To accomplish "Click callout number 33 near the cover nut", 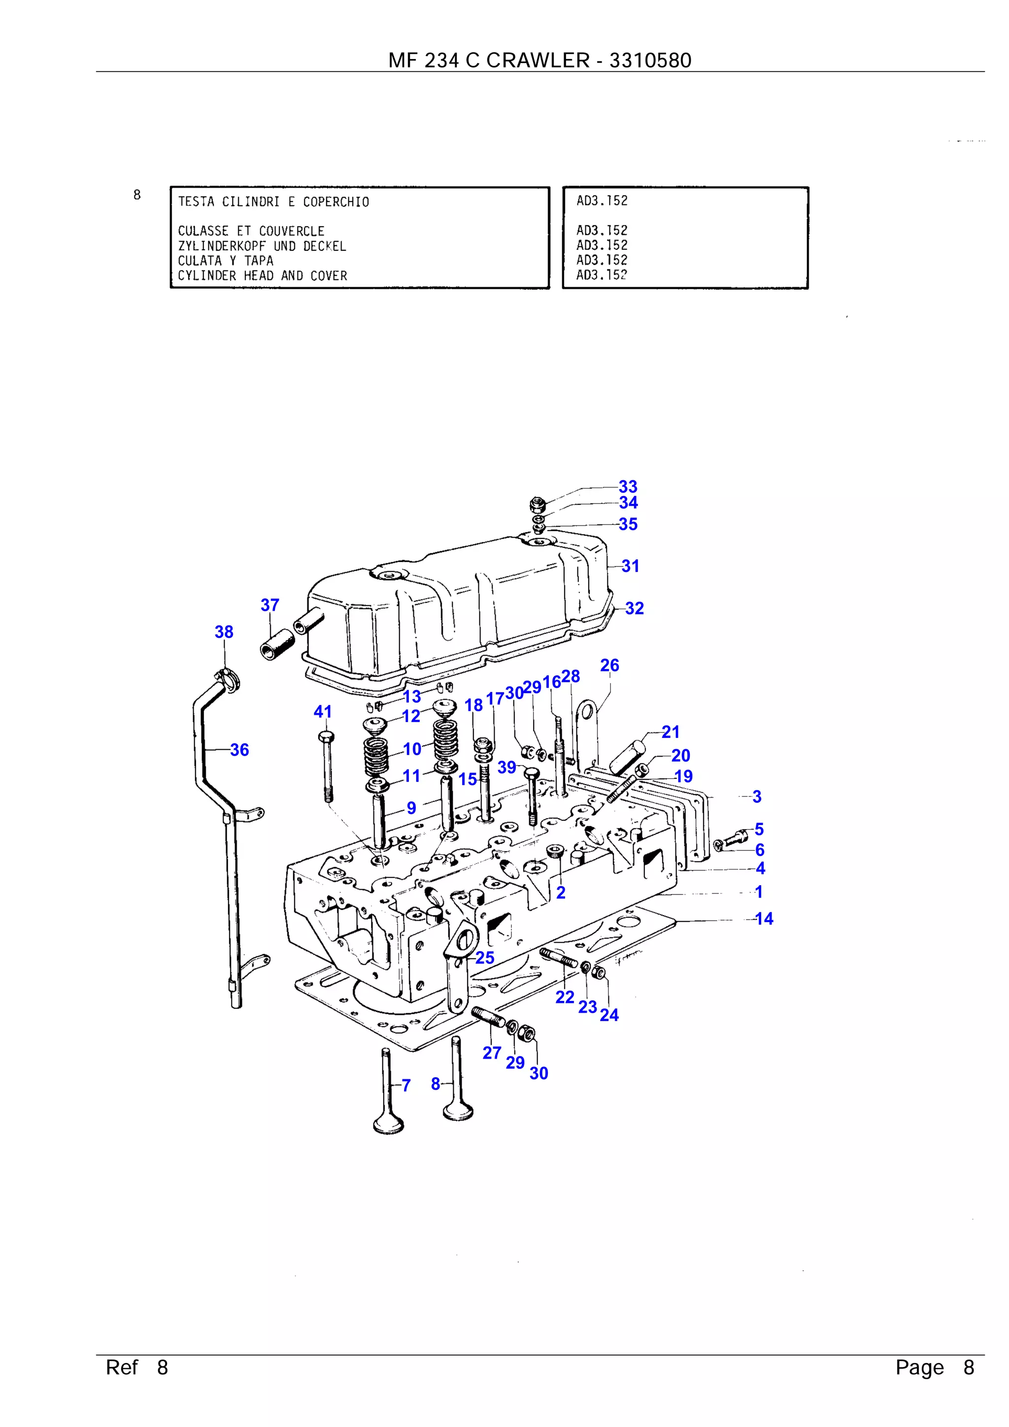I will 627,487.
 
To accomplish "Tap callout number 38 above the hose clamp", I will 224,632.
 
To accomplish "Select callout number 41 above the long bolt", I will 322,712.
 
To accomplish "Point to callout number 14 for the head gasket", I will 764,919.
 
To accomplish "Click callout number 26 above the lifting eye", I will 609,665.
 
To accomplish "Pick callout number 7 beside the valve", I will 406,1085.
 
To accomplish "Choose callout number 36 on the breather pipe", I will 239,750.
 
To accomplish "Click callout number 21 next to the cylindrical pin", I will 670,732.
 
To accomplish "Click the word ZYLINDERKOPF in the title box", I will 221,246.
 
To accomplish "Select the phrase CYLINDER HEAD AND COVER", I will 263,276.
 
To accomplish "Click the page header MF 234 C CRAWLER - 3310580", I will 539,60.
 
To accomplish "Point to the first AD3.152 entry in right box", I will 602,201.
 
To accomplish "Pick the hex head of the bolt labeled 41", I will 326,737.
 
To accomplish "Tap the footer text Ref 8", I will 137,1367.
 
